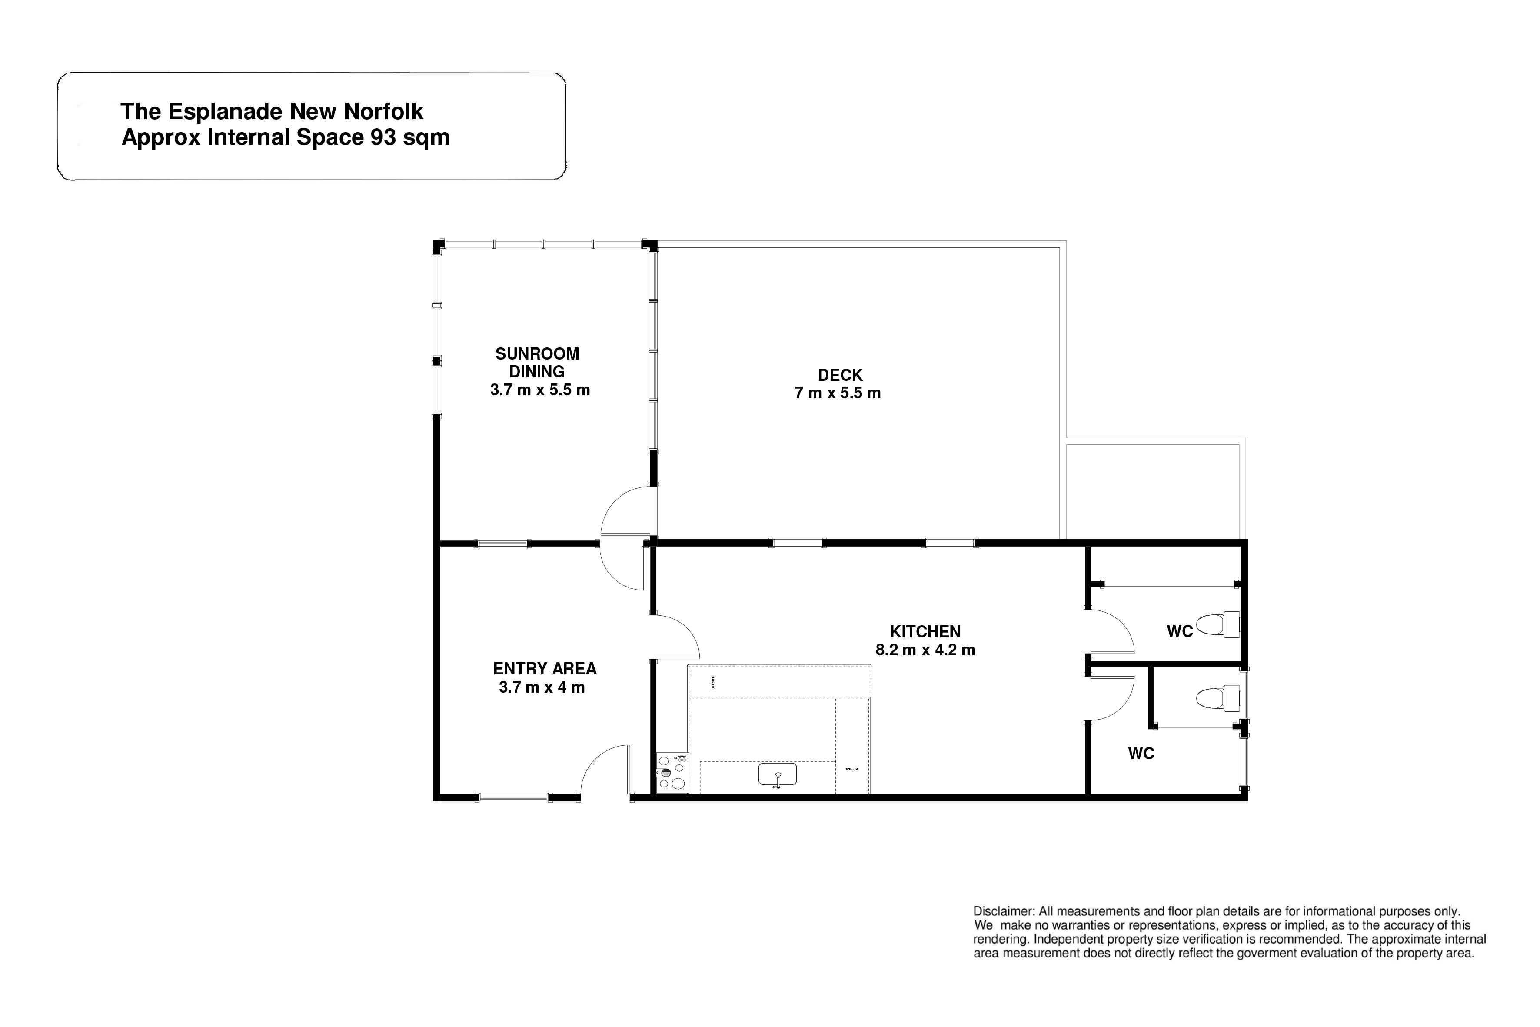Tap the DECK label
pyautogui.click(x=840, y=375)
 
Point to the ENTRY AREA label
pyautogui.click(x=545, y=669)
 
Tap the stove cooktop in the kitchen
pyautogui.click(x=672, y=772)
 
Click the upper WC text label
pyautogui.click(x=1180, y=631)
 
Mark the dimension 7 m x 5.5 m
pyautogui.click(x=838, y=393)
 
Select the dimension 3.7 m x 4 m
pyautogui.click(x=542, y=687)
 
